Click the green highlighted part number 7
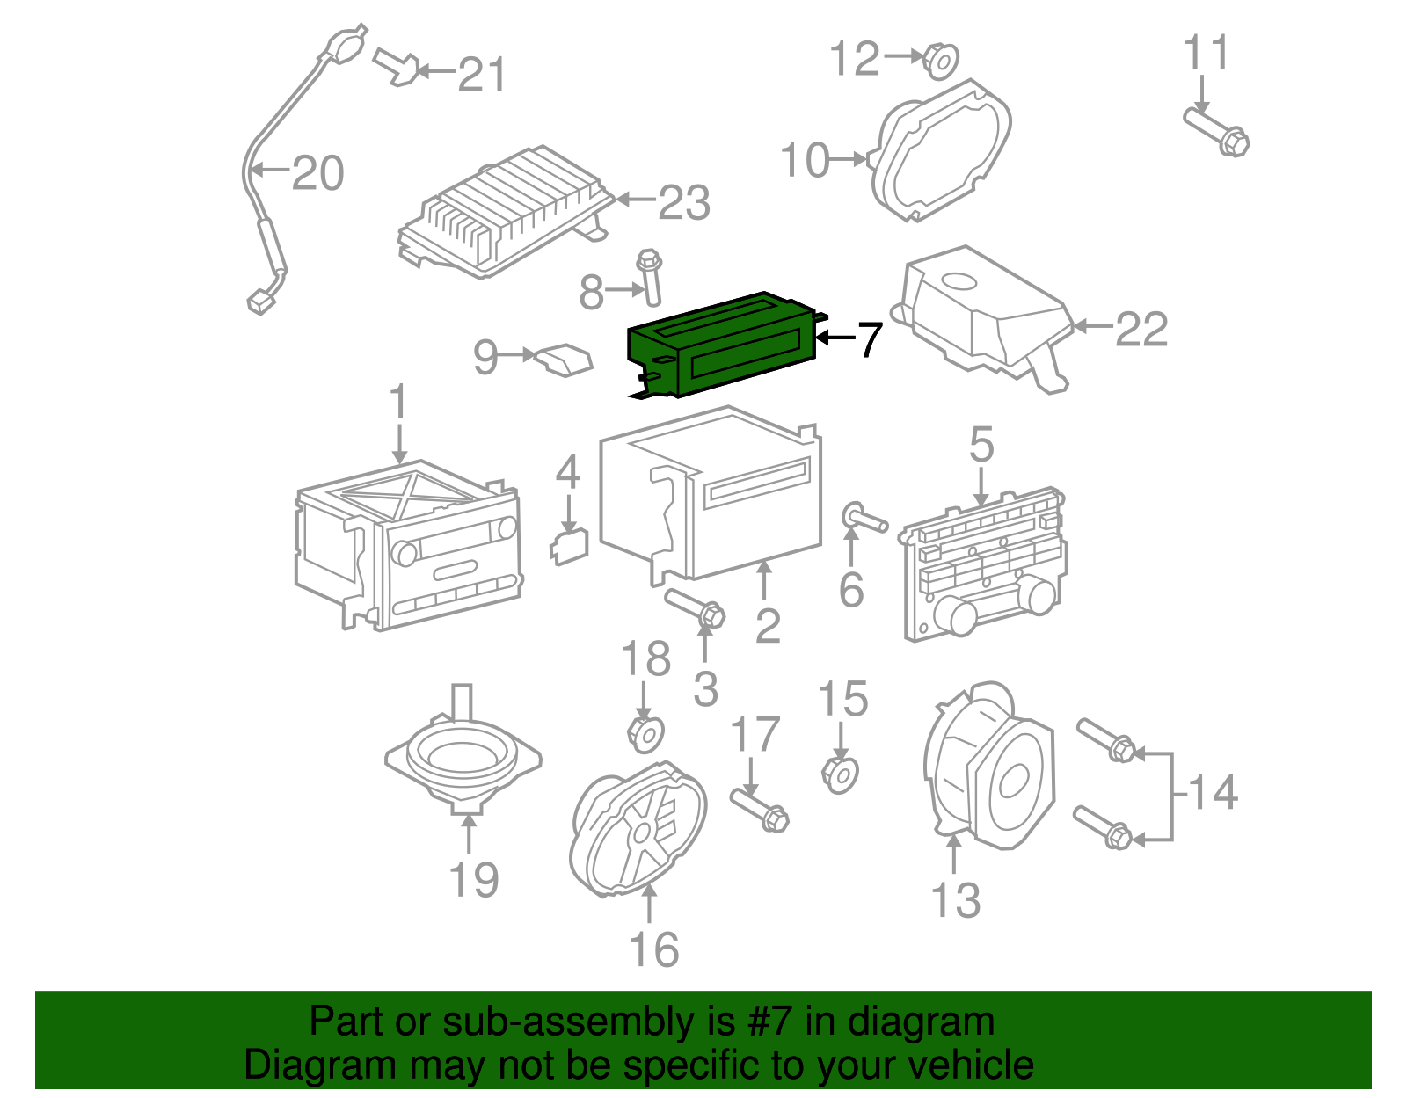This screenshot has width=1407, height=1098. (x=721, y=345)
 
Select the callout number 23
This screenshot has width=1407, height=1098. (x=683, y=203)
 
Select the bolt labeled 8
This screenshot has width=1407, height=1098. (x=651, y=276)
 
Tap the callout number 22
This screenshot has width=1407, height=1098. (x=1141, y=330)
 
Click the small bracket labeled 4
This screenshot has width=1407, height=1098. (x=570, y=545)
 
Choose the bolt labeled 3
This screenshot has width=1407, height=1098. (x=696, y=608)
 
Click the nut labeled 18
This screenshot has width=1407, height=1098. (x=645, y=733)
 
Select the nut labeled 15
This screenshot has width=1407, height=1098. (x=840, y=774)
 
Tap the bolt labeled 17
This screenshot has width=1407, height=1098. (x=760, y=810)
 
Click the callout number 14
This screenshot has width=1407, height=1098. (x=1213, y=792)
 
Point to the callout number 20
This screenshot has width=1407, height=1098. (x=317, y=173)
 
